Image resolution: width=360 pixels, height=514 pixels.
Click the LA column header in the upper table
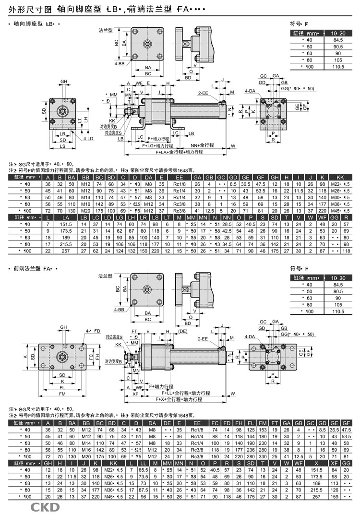pos(67,217)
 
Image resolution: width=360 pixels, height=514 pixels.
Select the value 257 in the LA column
pos(67,251)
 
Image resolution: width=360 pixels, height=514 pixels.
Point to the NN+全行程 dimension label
pos(202,144)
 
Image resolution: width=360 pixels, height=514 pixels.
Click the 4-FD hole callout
pos(93,331)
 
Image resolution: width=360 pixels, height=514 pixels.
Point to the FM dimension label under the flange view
pos(62,394)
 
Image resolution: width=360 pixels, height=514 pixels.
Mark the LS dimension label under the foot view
pos(63,146)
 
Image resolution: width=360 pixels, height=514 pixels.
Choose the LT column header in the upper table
pos(167,217)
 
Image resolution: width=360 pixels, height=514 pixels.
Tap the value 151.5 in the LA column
pos(67,224)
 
